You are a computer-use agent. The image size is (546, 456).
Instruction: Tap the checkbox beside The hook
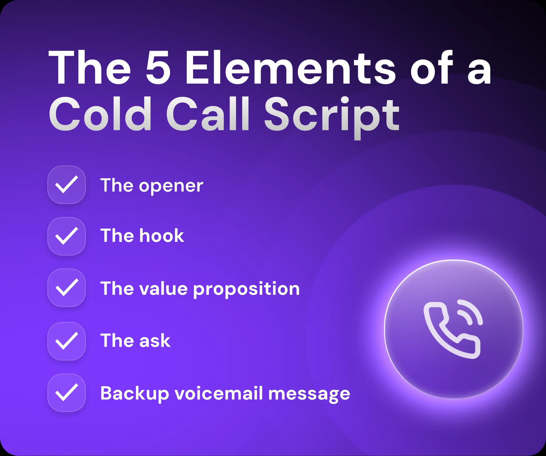(x=67, y=236)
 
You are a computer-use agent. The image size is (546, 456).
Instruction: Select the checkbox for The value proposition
(x=67, y=288)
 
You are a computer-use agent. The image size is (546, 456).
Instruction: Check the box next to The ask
(x=67, y=341)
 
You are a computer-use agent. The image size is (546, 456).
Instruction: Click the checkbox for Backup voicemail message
(x=67, y=392)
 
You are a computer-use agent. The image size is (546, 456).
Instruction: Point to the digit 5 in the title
(x=158, y=68)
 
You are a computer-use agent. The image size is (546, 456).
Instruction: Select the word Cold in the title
(x=100, y=114)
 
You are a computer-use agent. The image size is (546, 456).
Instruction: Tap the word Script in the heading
(x=332, y=116)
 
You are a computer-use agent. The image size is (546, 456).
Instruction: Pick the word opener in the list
(x=171, y=186)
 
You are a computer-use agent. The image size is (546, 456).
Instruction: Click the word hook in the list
(x=161, y=236)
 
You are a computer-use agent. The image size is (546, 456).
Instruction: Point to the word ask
(x=155, y=341)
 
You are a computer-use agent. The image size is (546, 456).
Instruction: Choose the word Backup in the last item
(x=135, y=394)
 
